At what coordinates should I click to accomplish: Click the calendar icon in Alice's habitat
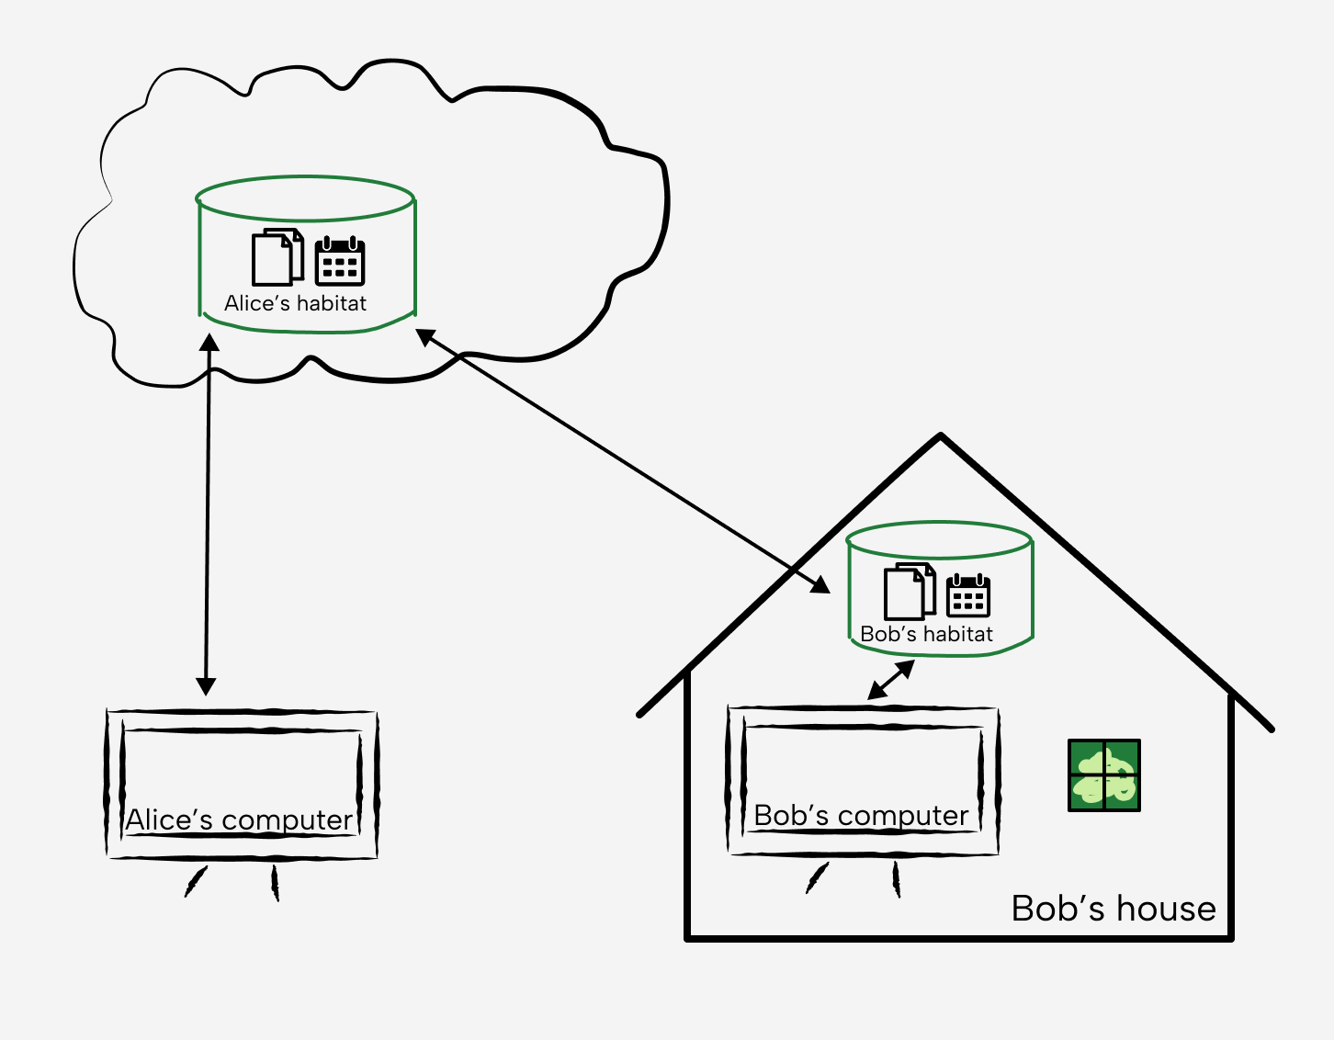[x=340, y=262]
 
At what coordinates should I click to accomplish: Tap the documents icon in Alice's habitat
[x=277, y=257]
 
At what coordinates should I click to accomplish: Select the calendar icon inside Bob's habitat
[x=968, y=595]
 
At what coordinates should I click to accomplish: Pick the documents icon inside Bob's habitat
[x=910, y=593]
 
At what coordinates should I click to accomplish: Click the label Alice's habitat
[x=295, y=303]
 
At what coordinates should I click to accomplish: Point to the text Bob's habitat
[x=926, y=634]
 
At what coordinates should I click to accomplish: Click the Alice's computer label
[x=239, y=820]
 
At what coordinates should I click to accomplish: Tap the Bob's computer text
[x=861, y=815]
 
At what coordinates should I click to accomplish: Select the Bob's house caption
[x=1114, y=909]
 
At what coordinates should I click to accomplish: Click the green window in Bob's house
[x=1103, y=775]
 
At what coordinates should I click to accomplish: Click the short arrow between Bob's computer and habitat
[x=891, y=680]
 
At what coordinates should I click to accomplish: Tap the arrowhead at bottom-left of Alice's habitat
[x=209, y=344]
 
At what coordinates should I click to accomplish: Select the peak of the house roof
[x=941, y=437]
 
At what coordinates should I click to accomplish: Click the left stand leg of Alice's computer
[x=196, y=881]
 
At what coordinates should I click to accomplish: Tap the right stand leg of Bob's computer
[x=897, y=879]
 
